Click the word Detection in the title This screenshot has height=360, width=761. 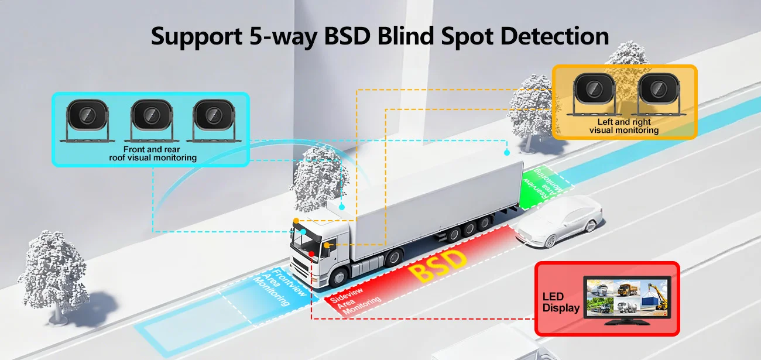click(554, 36)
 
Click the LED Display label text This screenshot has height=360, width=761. click(561, 302)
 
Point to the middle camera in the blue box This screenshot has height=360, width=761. click(152, 120)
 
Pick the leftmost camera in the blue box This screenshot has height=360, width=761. click(87, 120)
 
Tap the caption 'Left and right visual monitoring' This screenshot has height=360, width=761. click(624, 126)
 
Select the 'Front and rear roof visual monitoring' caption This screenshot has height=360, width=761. click(153, 153)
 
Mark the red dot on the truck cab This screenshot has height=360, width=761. click(311, 254)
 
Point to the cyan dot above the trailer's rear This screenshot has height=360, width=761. click(507, 153)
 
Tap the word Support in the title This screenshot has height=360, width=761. click(197, 37)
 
